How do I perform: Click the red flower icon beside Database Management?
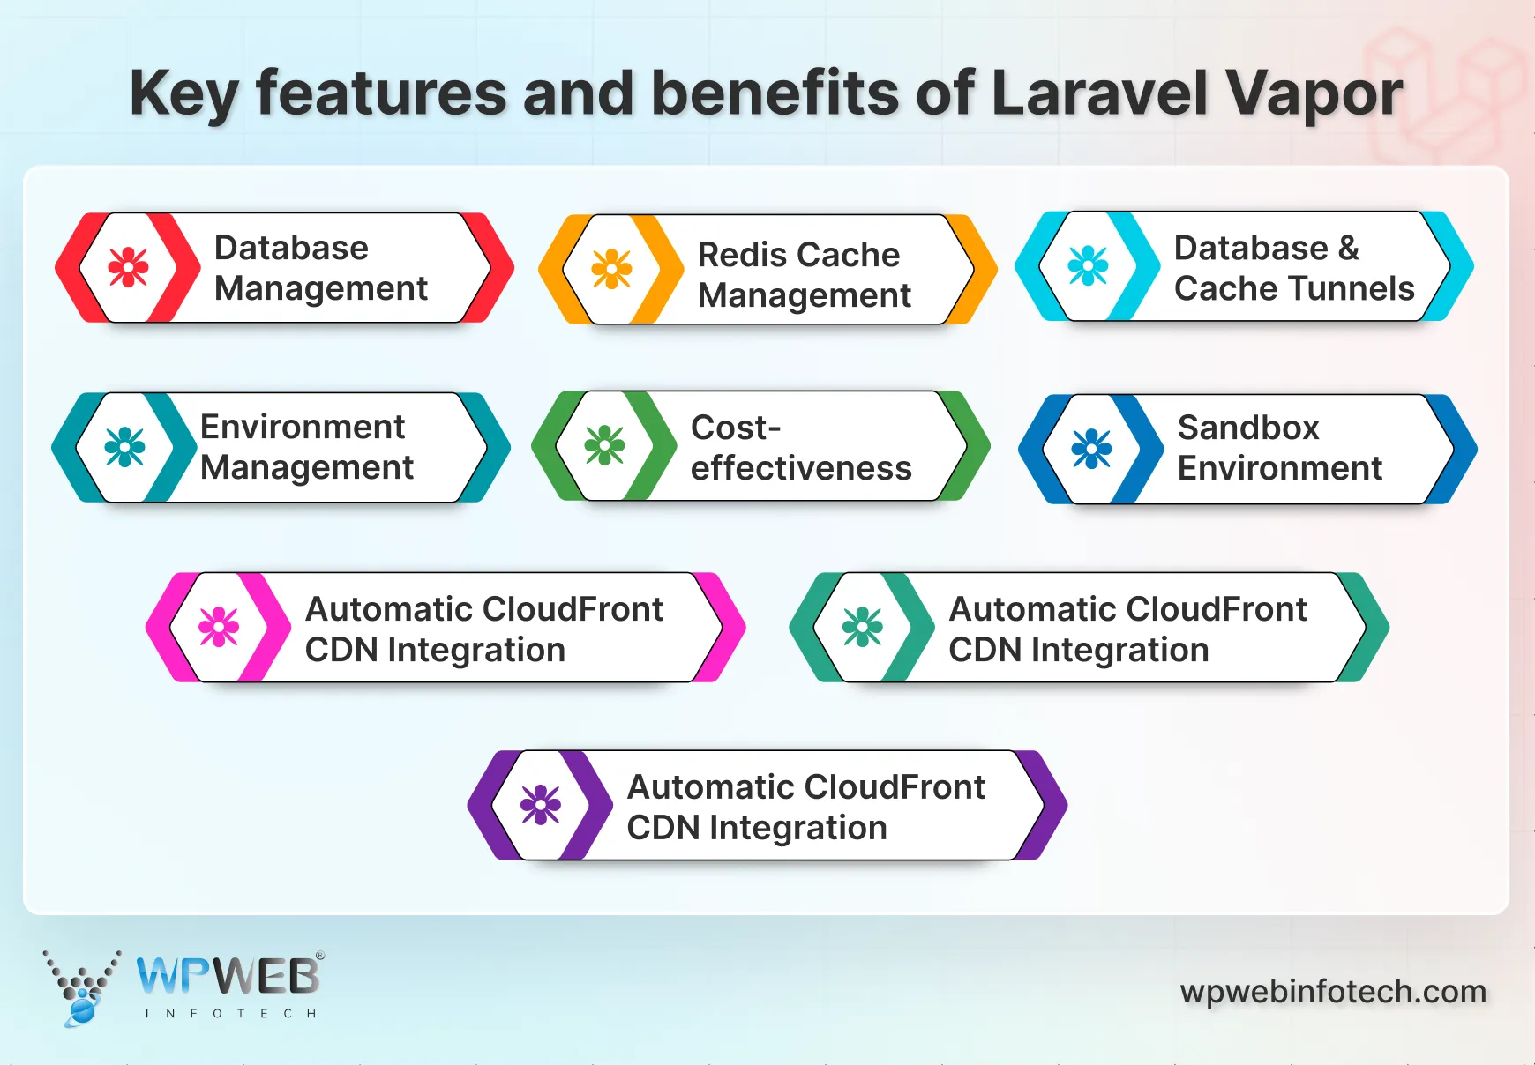pyautogui.click(x=128, y=267)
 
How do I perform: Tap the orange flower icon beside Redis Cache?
pyautogui.click(x=611, y=269)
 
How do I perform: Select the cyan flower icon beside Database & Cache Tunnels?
pyautogui.click(x=1088, y=265)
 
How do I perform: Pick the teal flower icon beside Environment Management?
pyautogui.click(x=124, y=447)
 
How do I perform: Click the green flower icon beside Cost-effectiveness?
pyautogui.click(x=604, y=446)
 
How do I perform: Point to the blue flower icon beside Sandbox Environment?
pyautogui.click(x=1091, y=449)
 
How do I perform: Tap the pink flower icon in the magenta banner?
pyautogui.click(x=219, y=627)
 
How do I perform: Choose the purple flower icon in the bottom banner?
pyautogui.click(x=541, y=805)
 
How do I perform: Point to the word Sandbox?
pyautogui.click(x=1248, y=428)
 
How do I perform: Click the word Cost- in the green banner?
pyautogui.click(x=735, y=428)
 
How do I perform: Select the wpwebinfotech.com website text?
pyautogui.click(x=1332, y=992)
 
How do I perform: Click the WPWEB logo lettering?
pyautogui.click(x=228, y=977)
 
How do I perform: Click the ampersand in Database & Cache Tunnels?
pyautogui.click(x=1348, y=248)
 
